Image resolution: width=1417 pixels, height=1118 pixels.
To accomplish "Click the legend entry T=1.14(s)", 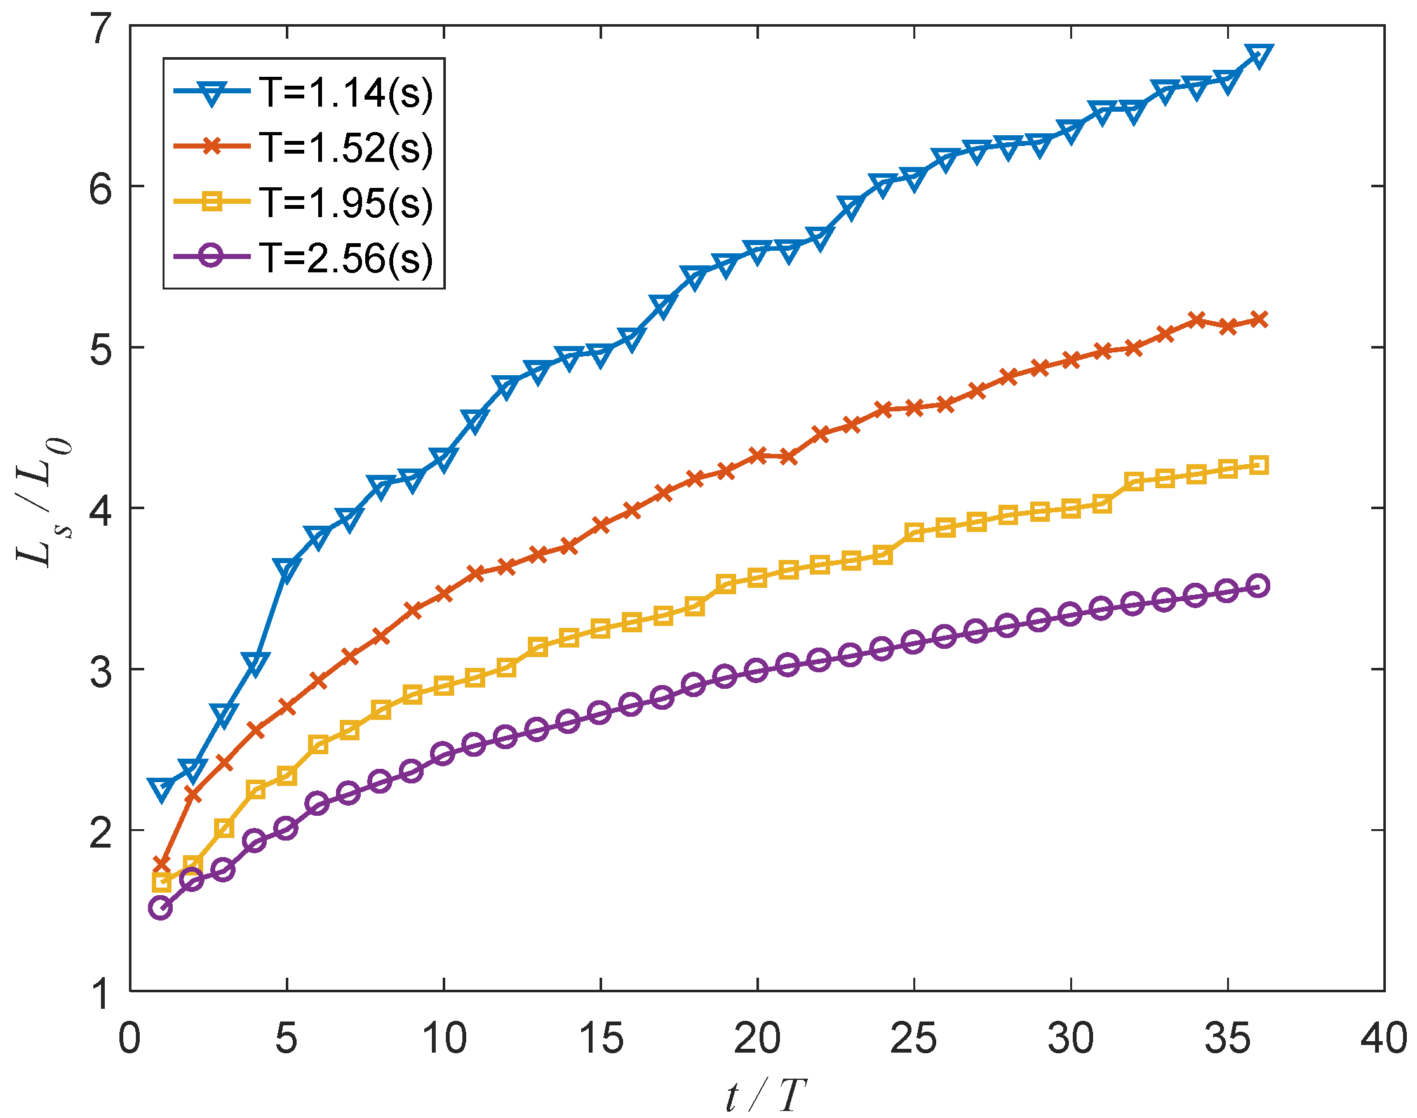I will (x=346, y=92).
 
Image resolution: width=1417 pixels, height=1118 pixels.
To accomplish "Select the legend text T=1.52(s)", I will (x=346, y=147).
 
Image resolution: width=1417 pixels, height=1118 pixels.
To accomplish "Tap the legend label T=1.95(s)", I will (x=346, y=203).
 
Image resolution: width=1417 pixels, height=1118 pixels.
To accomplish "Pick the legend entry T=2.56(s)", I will (x=346, y=257).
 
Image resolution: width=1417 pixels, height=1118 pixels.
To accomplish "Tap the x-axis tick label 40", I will (x=1383, y=1039).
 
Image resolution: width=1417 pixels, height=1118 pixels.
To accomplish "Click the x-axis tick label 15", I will (x=600, y=1039).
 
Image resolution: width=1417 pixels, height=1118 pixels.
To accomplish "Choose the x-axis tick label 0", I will (x=130, y=1039).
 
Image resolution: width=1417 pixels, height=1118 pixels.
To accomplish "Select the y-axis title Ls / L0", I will (x=43, y=503).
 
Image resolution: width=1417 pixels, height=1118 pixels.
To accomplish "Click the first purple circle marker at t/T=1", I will (x=161, y=908).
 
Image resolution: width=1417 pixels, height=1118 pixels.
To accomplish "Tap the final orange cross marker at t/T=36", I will (x=1259, y=320).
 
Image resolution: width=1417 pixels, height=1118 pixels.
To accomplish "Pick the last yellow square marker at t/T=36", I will (x=1259, y=465).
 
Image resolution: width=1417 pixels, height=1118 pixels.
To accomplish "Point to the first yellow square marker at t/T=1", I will (x=161, y=882).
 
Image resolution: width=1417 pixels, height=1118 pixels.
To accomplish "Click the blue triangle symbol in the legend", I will (x=212, y=92).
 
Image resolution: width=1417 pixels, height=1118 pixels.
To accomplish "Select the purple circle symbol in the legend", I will (x=212, y=255).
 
